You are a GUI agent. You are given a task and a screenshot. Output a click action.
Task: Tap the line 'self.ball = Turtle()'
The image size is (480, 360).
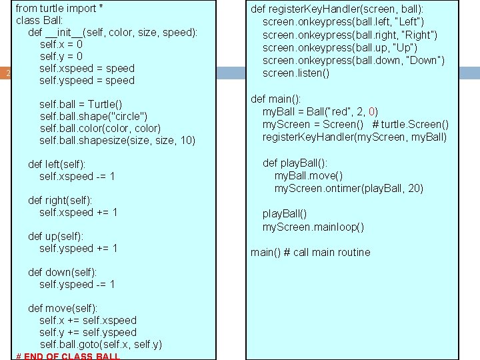[81, 104]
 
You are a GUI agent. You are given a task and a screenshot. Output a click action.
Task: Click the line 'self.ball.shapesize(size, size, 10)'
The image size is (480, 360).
[117, 140]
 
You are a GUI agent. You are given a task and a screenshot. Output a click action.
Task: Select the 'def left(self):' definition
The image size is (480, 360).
[66, 164]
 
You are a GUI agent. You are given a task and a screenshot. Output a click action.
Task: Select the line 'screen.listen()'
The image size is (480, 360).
[296, 73]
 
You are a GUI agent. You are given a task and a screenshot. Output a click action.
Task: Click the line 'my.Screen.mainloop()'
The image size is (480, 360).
[313, 227]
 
